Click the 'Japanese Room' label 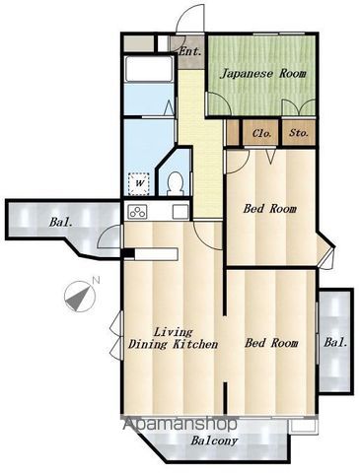point(262,74)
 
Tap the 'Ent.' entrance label point(190,51)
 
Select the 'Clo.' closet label point(262,133)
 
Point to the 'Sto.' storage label point(299,133)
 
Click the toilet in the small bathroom point(175,183)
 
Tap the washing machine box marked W point(139,183)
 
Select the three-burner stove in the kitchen point(138,212)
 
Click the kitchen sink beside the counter point(180,212)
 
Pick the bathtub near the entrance point(149,69)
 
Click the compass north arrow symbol point(79,297)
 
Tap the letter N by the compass point(96,280)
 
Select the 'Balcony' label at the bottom point(214,440)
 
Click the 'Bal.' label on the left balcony point(61,222)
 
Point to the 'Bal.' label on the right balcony point(335,343)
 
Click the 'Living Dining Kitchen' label point(173,338)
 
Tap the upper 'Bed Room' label point(269,209)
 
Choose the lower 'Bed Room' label point(271,343)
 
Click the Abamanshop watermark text point(180,424)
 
